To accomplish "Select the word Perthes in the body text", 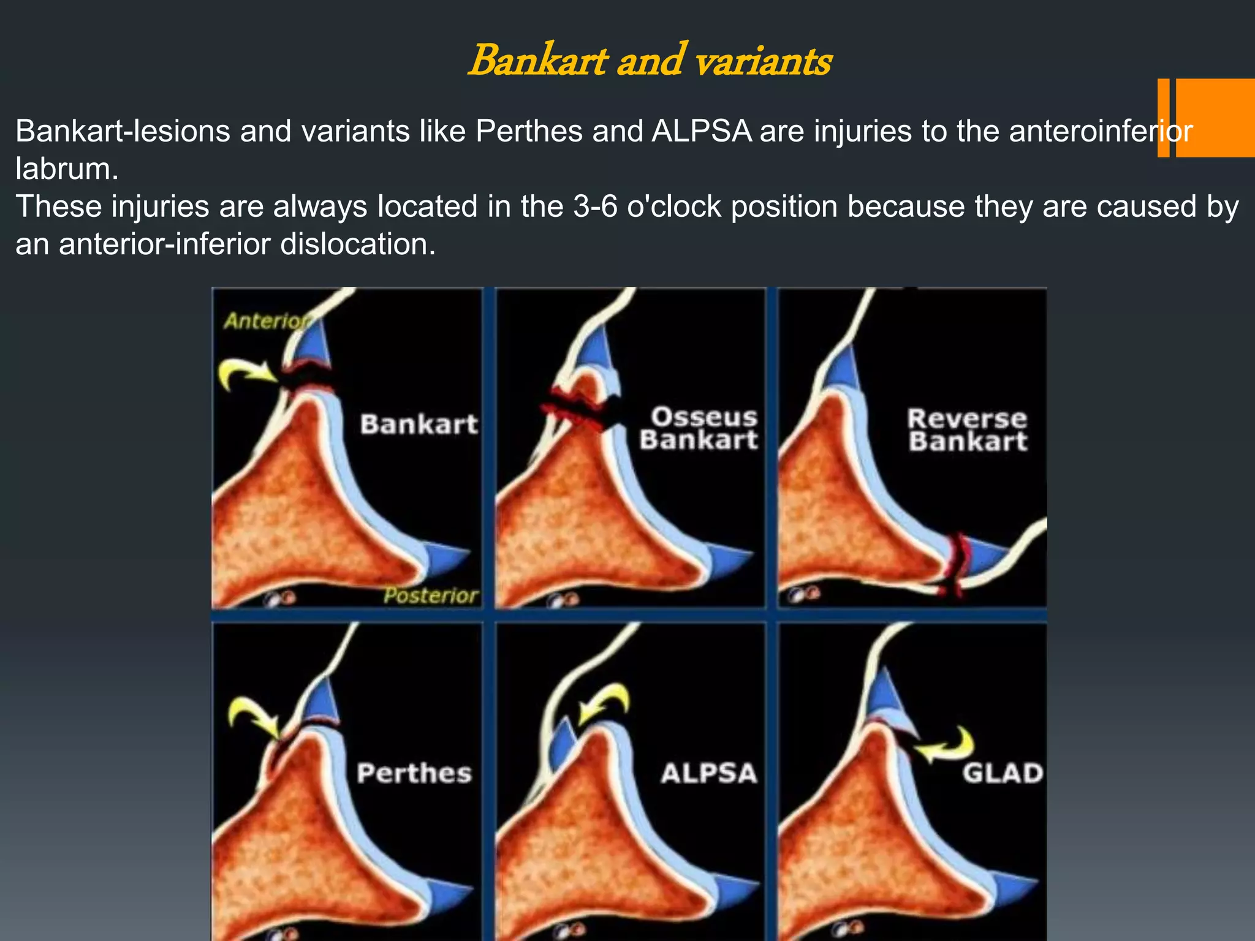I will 528,131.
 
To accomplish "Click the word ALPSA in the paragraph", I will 701,131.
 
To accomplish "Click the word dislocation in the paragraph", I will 357,244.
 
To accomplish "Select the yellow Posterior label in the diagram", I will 431,595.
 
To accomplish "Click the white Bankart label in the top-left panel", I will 419,425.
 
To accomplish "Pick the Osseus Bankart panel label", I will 699,428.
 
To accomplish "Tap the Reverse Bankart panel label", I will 968,430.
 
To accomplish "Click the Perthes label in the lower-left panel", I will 414,773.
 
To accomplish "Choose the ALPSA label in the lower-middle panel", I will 709,774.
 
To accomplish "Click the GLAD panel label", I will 1003,773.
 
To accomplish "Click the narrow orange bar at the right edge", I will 1163,118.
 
